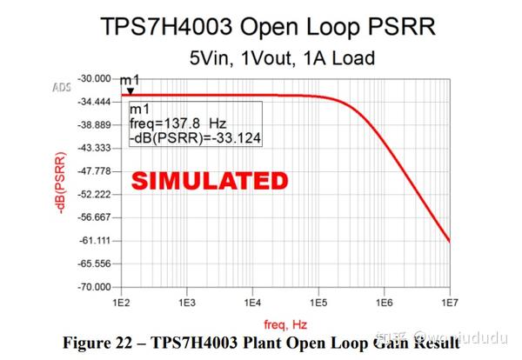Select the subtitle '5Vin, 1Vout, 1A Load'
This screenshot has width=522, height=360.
click(282, 58)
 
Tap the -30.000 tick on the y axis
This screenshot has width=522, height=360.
click(96, 78)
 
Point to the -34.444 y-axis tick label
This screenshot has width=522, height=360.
click(96, 102)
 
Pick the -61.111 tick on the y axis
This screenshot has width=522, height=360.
click(96, 240)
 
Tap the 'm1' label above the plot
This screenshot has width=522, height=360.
click(129, 79)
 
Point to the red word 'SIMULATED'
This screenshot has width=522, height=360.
click(209, 181)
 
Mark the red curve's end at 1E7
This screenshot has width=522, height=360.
click(449, 241)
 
